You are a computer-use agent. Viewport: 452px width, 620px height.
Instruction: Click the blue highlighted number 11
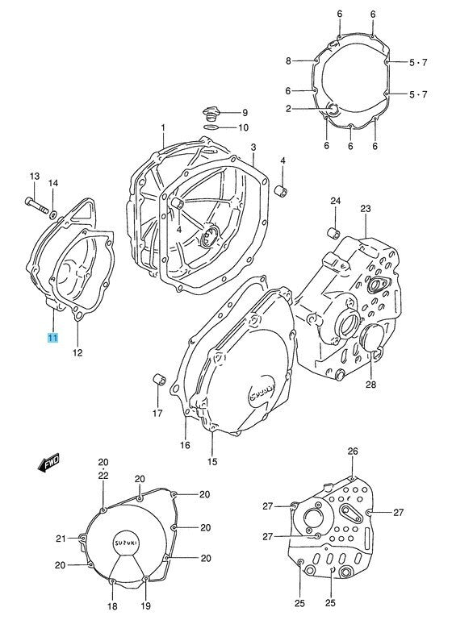click(x=52, y=338)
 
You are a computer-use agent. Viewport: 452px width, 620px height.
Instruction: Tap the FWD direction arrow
click(x=48, y=462)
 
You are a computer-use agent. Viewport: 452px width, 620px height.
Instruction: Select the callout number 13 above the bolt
click(x=35, y=176)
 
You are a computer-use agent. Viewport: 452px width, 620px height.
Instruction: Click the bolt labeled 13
click(x=36, y=206)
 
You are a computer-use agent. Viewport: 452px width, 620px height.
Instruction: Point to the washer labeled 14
click(x=52, y=214)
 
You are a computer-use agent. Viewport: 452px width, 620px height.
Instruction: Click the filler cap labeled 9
click(x=210, y=112)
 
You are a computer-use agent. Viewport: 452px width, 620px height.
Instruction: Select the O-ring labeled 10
click(x=211, y=127)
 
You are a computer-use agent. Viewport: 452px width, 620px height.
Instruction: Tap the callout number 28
click(x=370, y=385)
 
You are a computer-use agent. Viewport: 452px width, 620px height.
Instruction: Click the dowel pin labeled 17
click(x=157, y=379)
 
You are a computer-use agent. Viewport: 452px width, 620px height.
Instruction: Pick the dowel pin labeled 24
click(x=333, y=232)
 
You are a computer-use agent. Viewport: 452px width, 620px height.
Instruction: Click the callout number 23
click(x=366, y=208)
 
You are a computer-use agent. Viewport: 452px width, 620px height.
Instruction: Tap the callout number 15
click(x=212, y=461)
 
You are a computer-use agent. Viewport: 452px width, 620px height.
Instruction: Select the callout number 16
click(x=185, y=445)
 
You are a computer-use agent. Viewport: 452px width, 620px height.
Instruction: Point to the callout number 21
click(x=61, y=538)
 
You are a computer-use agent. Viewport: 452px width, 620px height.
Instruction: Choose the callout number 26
click(x=353, y=451)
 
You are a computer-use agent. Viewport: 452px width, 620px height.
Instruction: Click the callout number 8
click(x=288, y=61)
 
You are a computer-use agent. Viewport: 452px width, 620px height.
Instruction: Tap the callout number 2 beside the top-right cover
click(x=288, y=108)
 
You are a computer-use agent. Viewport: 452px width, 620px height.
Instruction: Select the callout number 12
click(x=77, y=352)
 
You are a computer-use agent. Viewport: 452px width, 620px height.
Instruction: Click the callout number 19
click(x=146, y=606)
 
